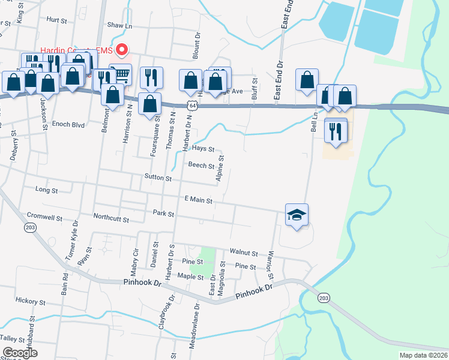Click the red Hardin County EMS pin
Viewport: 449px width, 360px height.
[x=122, y=50]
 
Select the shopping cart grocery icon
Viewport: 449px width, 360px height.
[x=121, y=74]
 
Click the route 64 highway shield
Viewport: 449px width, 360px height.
[x=191, y=105]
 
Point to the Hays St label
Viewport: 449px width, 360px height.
[x=203, y=148]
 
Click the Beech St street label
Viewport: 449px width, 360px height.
[x=201, y=165]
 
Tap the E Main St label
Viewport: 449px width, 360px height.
[x=198, y=199]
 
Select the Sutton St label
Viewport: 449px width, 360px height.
[x=158, y=178]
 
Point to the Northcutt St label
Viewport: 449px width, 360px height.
[x=111, y=220]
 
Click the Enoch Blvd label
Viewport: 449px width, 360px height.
[x=68, y=125]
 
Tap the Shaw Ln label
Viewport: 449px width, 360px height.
[x=119, y=25]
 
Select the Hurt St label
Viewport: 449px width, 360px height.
[x=56, y=20]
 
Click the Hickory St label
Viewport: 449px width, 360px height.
[x=28, y=300]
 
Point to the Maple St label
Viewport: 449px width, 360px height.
[x=190, y=276]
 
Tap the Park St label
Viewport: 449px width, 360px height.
[x=163, y=213]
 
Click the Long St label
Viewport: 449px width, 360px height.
[x=46, y=190]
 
